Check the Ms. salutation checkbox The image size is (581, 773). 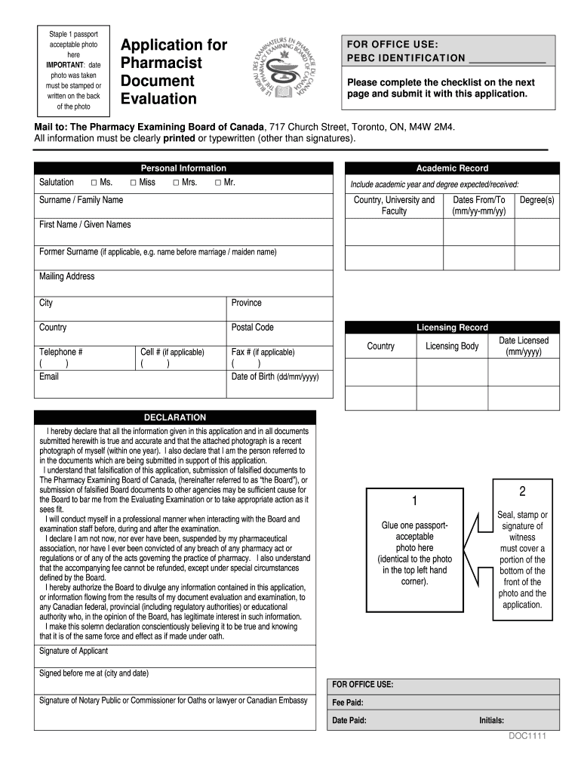coord(93,183)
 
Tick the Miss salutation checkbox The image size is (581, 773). coord(133,183)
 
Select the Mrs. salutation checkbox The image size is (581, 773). coord(175,183)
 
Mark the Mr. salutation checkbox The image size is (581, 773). coord(217,183)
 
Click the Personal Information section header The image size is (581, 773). coord(183,168)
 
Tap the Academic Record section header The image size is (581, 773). coord(452,168)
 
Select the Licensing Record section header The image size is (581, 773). coord(452,328)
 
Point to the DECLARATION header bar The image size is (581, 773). coord(175,417)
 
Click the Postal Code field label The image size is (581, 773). coord(252,328)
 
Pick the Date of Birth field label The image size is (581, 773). coord(275,377)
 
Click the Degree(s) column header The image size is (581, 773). coord(537,200)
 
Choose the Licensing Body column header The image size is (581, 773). coord(452,346)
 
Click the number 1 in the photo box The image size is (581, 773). coord(413,502)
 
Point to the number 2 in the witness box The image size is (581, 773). coord(521,491)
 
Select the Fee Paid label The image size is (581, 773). coord(348,703)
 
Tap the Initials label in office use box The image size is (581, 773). coord(491,720)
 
